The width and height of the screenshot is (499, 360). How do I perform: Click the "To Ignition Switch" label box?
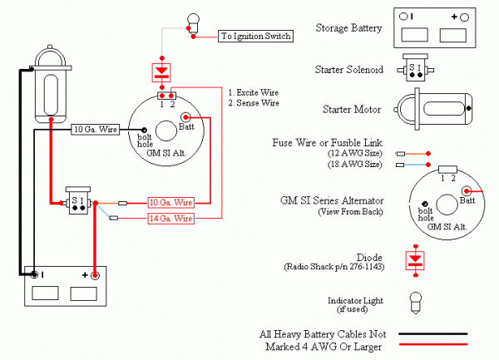coord(254,36)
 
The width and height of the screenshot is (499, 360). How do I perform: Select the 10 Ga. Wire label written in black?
coord(96,129)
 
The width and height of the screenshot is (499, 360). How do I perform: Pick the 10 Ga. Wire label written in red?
coord(170,202)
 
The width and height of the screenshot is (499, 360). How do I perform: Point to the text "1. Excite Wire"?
coord(254,91)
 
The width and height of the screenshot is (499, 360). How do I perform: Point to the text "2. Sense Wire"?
coord(253,102)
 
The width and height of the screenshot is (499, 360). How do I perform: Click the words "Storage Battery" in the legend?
coord(349,28)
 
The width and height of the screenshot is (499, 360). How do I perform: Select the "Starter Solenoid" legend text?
coord(349,70)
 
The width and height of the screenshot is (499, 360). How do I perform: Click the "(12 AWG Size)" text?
coord(354,154)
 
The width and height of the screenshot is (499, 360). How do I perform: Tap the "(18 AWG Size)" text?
coord(354,165)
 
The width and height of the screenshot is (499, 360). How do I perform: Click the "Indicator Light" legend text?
coord(353,298)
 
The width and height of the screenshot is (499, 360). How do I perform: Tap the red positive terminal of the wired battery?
coord(96,274)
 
